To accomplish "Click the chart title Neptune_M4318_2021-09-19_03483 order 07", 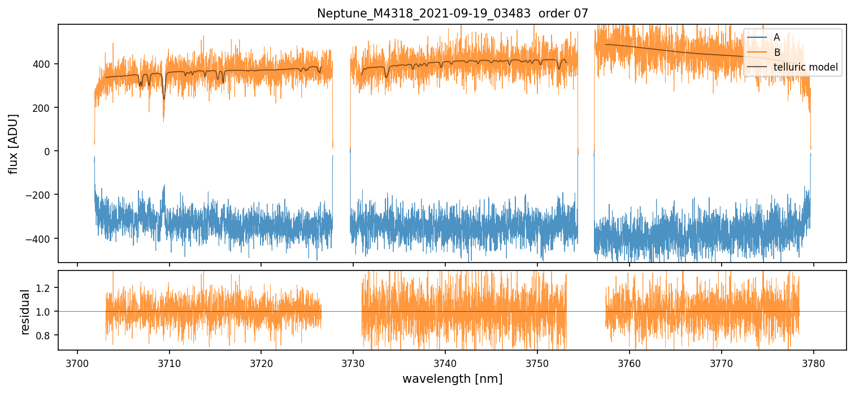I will pos(452,13).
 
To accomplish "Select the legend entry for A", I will pos(776,37).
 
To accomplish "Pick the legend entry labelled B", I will pos(776,53).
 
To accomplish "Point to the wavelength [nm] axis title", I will pos(452,378).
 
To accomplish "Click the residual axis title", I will pos(25,312).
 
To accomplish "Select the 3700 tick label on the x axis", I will pos(77,363).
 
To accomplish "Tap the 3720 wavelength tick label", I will pos(261,363).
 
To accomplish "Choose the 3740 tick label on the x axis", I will pos(445,363).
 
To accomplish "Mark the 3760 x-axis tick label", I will pos(630,363).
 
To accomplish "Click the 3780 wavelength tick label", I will pos(813,363).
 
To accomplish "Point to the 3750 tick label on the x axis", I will pos(537,363).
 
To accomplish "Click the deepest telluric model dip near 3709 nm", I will pos(164,98).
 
